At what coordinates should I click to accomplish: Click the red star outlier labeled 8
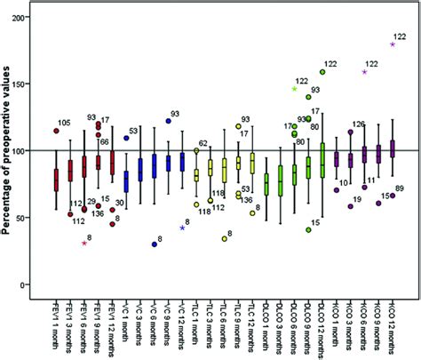(x=84, y=243)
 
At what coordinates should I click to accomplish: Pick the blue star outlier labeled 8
(x=181, y=228)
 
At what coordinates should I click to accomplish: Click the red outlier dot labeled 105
(x=56, y=131)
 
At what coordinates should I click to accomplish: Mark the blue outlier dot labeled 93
(x=168, y=121)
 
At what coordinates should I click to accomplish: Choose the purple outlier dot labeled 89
(x=393, y=195)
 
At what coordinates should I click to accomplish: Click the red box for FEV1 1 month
(x=56, y=179)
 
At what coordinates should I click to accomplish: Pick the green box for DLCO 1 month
(x=266, y=185)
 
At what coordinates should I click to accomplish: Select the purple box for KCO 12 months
(x=393, y=148)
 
